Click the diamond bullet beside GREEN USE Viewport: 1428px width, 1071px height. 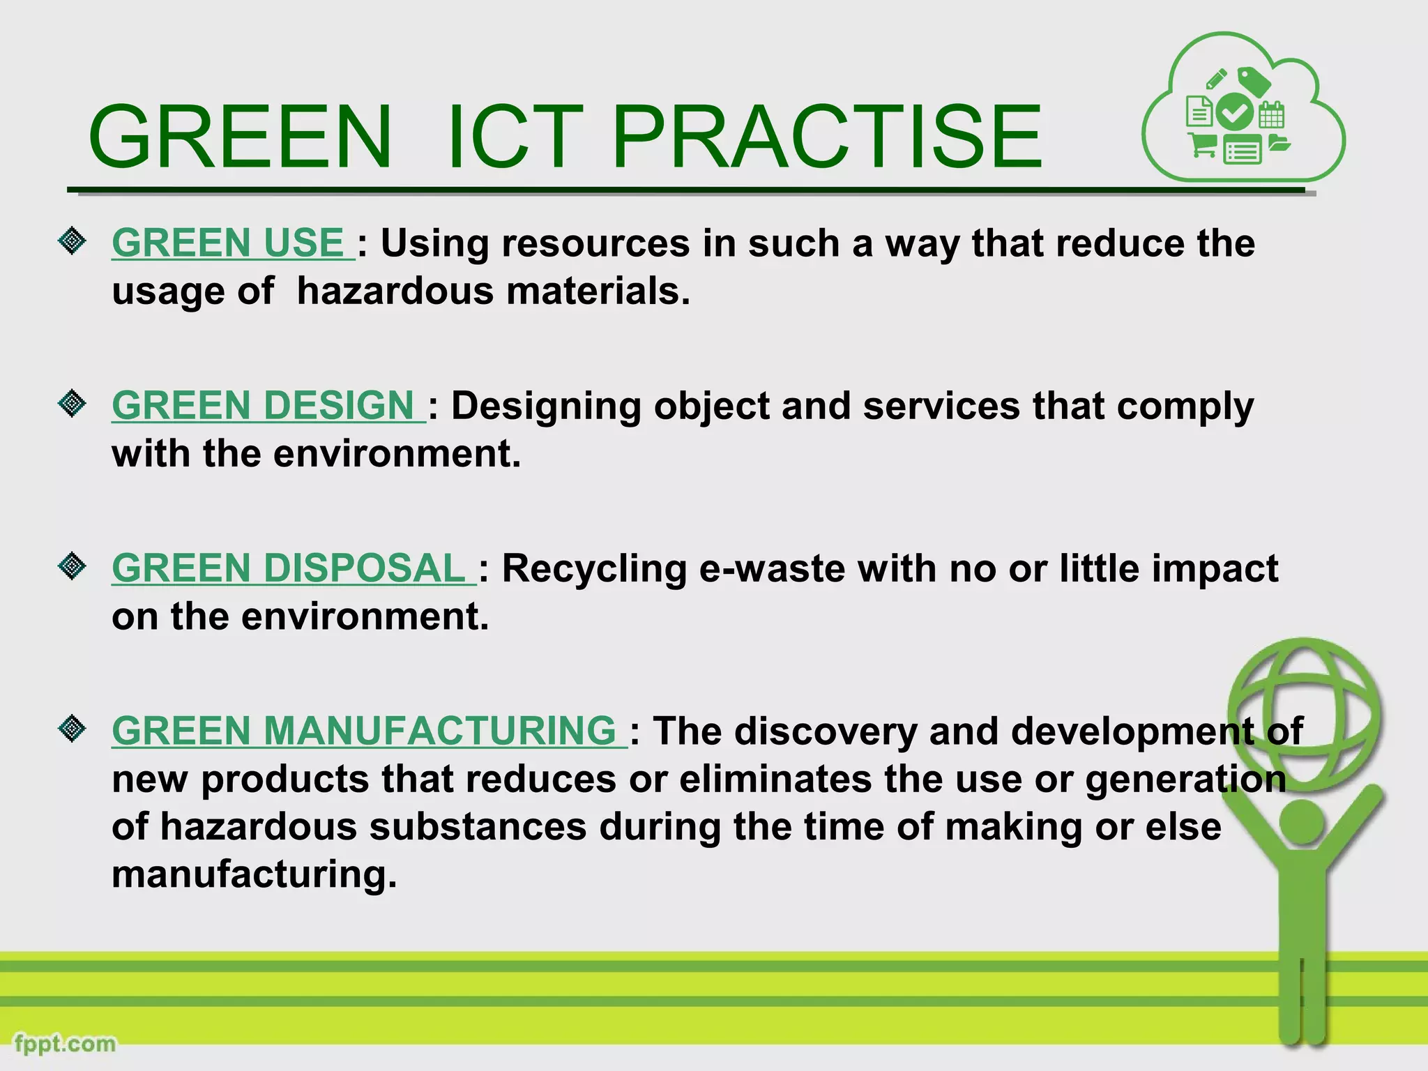click(x=72, y=241)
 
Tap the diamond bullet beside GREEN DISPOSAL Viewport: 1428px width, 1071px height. click(x=72, y=566)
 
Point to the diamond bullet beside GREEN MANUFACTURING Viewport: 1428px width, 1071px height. click(x=72, y=729)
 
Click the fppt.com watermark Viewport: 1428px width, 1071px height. click(x=65, y=1044)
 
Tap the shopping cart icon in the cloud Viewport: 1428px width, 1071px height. click(x=1202, y=145)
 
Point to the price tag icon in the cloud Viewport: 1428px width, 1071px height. click(x=1254, y=82)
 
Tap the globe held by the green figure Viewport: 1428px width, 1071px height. click(x=1304, y=715)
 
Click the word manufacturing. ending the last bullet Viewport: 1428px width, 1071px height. click(x=254, y=874)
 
